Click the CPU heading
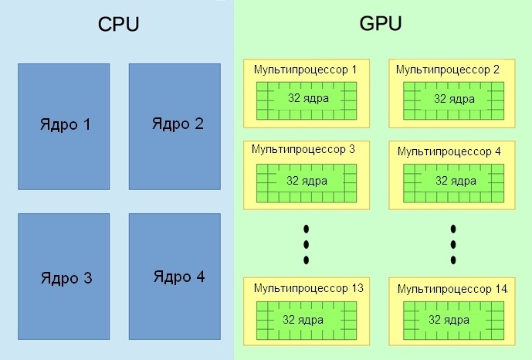click(x=118, y=24)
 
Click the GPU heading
click(x=381, y=24)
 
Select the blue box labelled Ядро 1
click(x=64, y=126)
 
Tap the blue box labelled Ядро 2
click(x=175, y=126)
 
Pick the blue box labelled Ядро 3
click(x=64, y=277)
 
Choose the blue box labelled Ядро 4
click(x=175, y=277)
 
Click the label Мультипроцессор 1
click(x=305, y=70)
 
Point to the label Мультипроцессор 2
click(x=448, y=70)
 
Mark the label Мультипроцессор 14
click(x=452, y=289)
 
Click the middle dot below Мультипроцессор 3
click(x=307, y=244)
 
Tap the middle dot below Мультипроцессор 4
click(x=453, y=244)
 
